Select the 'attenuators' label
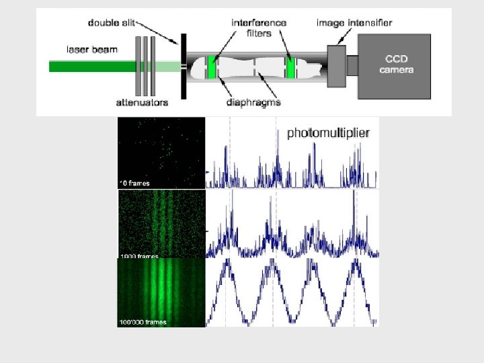click(142, 103)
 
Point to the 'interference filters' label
click(259, 28)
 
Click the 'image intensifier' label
click(354, 23)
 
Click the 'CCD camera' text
click(396, 65)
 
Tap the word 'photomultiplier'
click(328, 133)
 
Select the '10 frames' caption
click(135, 183)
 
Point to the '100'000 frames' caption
click(143, 322)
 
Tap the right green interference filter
click(291, 67)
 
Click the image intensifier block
click(336, 65)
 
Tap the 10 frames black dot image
click(161, 152)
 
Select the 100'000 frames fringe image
click(161, 292)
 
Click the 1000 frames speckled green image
click(161, 223)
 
